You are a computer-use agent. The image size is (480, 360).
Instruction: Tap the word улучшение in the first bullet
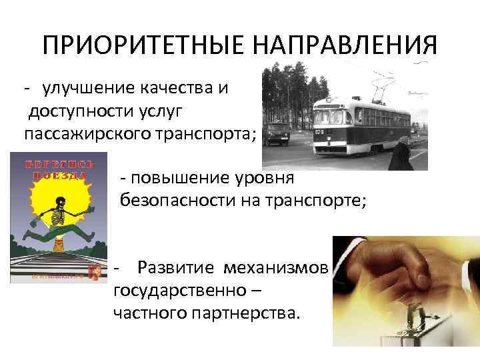87,89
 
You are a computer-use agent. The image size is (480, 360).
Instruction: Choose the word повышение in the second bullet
177,179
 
